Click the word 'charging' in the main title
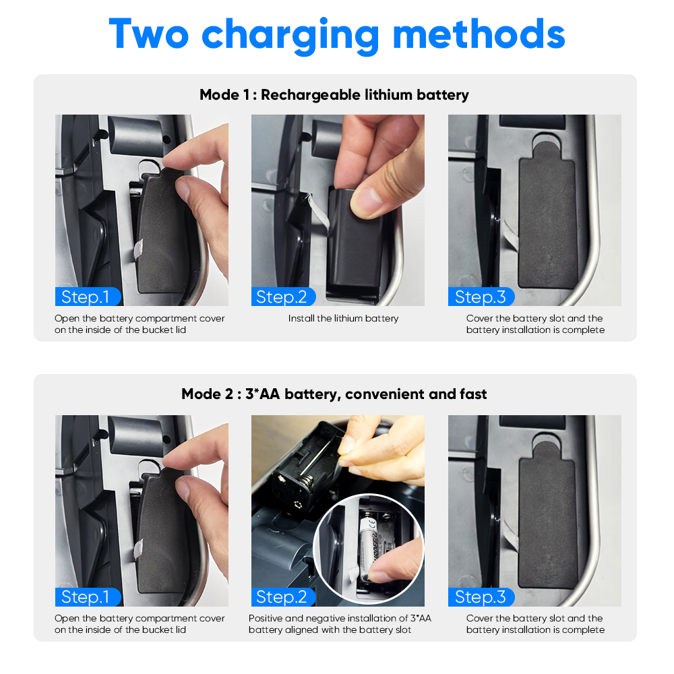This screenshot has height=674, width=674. pyautogui.click(x=290, y=36)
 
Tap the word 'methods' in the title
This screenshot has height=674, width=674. pyautogui.click(x=479, y=34)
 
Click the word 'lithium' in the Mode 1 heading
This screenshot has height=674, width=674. pyautogui.click(x=389, y=94)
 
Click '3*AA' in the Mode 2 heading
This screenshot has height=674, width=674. pyautogui.click(x=263, y=394)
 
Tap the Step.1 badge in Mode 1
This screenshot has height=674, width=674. pyautogui.click(x=88, y=297)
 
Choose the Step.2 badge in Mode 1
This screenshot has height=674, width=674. pyautogui.click(x=283, y=297)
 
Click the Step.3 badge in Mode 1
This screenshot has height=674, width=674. pyautogui.click(x=481, y=297)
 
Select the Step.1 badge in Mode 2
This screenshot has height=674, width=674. pyautogui.click(x=88, y=596)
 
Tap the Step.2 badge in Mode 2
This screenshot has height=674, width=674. pyautogui.click(x=283, y=596)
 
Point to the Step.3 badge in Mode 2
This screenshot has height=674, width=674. pyautogui.click(x=481, y=596)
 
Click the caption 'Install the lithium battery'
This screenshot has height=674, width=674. pyautogui.click(x=344, y=319)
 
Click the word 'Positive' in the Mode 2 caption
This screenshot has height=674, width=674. pyautogui.click(x=265, y=618)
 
